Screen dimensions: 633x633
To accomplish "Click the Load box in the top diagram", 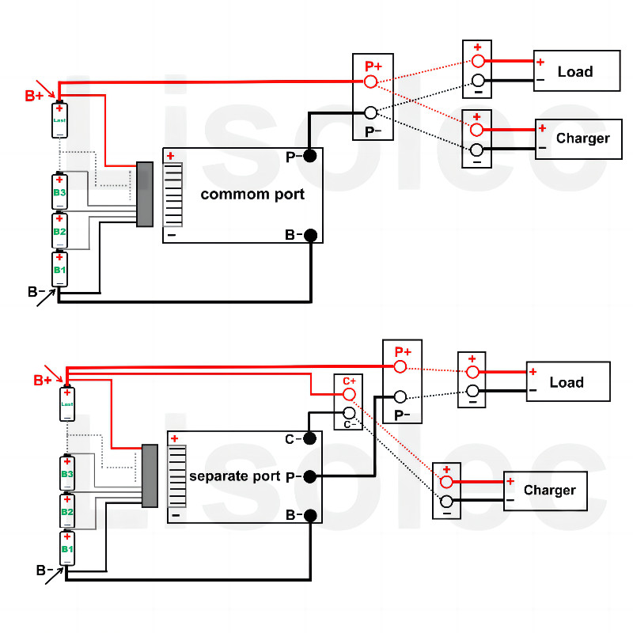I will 576,72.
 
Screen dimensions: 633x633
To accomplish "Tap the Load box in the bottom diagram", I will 567,383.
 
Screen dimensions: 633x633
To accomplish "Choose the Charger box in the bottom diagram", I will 545,491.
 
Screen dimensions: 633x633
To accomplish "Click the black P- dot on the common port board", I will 310,157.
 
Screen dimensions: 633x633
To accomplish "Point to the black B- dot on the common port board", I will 310,235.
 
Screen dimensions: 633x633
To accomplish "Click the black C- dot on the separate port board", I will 310,438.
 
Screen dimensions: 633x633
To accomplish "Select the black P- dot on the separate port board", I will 310,476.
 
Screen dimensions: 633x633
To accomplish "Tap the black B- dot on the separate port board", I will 310,515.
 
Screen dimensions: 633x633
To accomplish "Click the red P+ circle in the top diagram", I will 370,81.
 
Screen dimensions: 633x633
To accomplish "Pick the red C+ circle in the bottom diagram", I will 349,394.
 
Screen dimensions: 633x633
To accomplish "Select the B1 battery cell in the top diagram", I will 59,269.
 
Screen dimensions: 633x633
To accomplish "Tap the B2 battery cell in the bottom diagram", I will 67,511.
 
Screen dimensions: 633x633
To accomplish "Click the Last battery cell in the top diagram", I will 59,120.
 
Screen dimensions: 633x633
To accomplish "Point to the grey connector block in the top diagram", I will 144,194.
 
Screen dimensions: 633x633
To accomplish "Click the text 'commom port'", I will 252,195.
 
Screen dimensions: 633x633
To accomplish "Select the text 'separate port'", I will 234,476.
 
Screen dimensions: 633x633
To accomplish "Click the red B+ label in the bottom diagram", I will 43,381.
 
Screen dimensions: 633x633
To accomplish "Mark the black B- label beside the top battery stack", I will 36,292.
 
